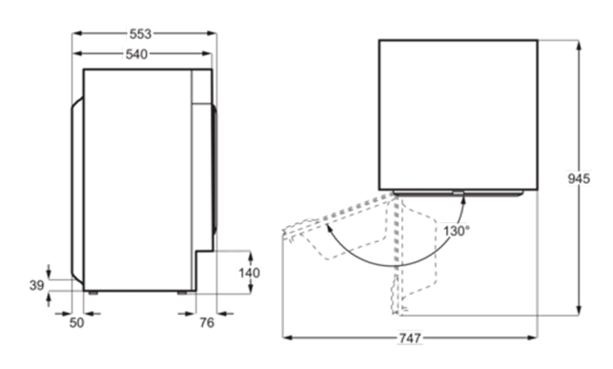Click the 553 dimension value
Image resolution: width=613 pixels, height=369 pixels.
coord(140,34)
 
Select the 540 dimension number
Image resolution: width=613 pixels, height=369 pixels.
coord(136,54)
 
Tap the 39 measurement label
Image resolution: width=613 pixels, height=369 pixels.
coord(37,285)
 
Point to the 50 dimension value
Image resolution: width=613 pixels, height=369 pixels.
coord(76,323)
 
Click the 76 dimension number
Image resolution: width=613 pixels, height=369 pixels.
coord(207,322)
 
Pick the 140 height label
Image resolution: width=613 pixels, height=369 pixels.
coord(250,273)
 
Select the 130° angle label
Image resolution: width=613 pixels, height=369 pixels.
coord(457,231)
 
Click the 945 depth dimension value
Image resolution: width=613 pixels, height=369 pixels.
coord(579,178)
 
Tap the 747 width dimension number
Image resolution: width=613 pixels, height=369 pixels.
coord(410,338)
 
